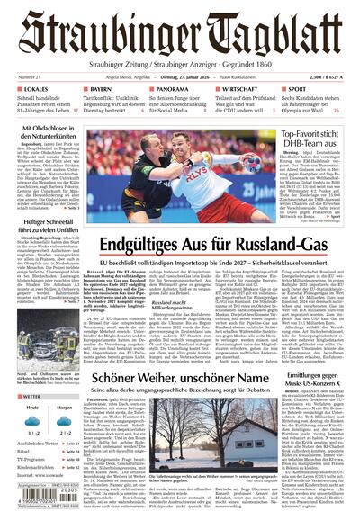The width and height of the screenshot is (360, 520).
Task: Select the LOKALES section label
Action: click(37, 90)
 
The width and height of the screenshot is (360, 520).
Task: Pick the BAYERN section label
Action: click(105, 90)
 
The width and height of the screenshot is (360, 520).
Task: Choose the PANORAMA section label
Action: click(170, 90)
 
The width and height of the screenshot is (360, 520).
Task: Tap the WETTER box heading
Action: click(32, 396)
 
